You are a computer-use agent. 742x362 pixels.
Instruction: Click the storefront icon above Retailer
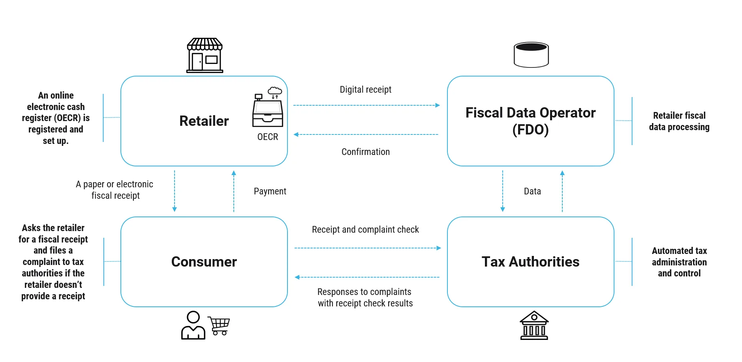(x=205, y=56)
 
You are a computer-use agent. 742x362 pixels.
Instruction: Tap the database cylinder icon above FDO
(x=531, y=55)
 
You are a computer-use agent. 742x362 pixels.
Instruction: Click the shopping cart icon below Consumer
(x=219, y=326)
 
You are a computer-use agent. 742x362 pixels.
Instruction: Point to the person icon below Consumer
(x=193, y=326)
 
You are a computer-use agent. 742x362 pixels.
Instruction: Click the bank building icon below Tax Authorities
(x=534, y=326)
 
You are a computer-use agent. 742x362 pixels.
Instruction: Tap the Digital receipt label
(x=365, y=90)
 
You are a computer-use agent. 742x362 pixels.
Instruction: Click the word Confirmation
(x=365, y=152)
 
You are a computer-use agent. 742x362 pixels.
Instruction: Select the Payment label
(x=270, y=191)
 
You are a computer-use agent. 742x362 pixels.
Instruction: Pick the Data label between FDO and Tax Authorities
(x=532, y=191)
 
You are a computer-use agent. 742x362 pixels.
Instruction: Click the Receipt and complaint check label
(x=365, y=230)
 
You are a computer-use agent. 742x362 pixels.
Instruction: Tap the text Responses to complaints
(x=364, y=292)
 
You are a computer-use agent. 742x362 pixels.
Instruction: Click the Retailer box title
(x=204, y=121)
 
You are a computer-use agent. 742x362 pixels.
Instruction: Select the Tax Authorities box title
(x=530, y=262)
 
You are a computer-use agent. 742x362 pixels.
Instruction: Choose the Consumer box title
(x=204, y=262)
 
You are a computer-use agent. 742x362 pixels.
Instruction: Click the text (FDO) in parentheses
(x=530, y=130)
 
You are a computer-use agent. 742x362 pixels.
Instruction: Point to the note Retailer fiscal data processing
(x=679, y=121)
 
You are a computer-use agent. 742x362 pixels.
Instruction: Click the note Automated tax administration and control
(x=679, y=262)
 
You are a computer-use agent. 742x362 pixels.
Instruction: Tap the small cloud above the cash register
(x=275, y=91)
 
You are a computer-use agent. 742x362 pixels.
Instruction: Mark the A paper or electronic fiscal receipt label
(x=115, y=190)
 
